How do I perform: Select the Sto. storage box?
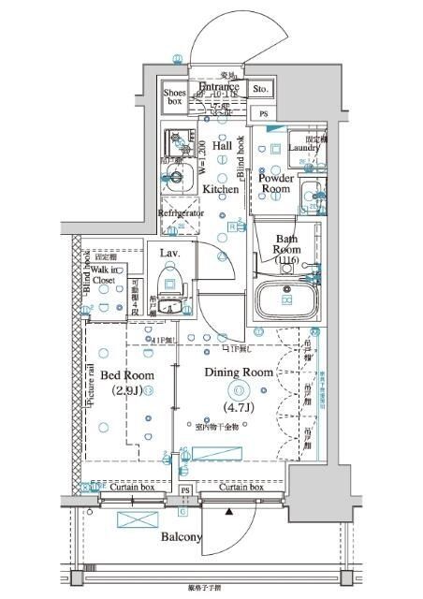tap(260, 91)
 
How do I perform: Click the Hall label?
tap(223, 146)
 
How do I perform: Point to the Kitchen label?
tap(222, 189)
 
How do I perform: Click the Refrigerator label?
tap(181, 213)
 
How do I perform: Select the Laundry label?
tap(303, 148)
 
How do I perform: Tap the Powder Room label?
tap(276, 183)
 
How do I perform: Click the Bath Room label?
tap(285, 245)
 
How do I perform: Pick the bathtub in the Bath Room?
tap(286, 299)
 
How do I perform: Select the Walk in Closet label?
tap(104, 273)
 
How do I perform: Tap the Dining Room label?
tap(239, 372)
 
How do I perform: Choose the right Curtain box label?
tap(241, 488)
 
